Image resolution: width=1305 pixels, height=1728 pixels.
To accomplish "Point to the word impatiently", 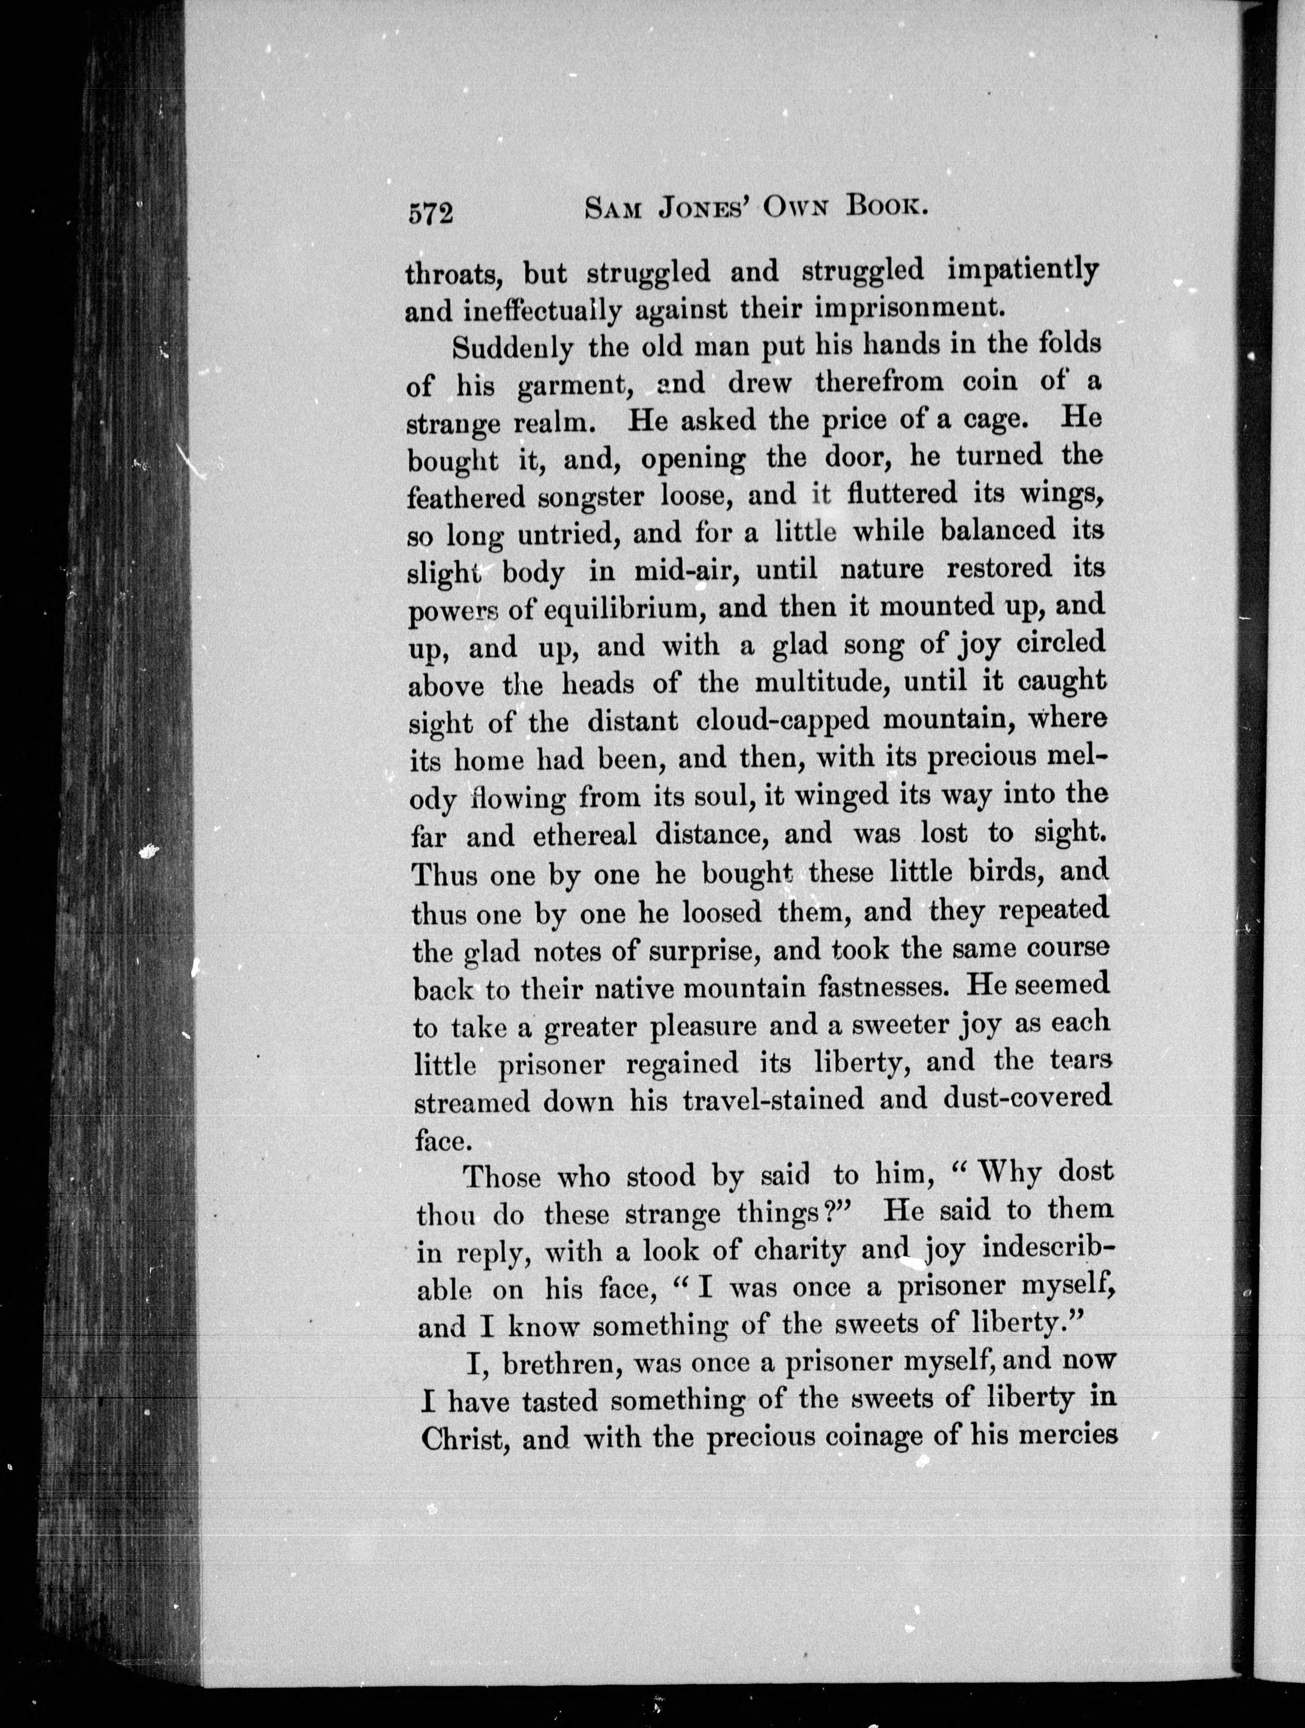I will click(1022, 270).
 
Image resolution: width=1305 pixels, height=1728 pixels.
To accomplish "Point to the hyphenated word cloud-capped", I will click(782, 721).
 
